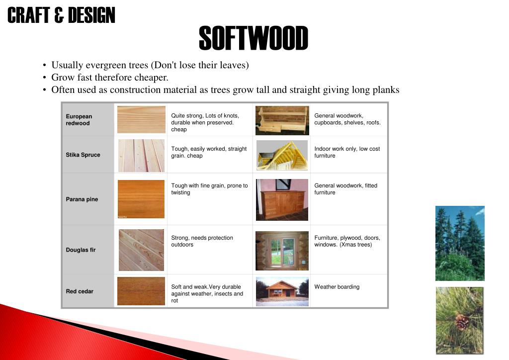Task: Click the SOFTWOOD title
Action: point(253,39)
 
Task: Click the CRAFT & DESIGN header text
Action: point(61,15)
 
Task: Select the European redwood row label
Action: point(79,120)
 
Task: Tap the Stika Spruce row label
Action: point(83,155)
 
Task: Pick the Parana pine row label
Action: point(82,199)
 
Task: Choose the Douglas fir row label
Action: point(81,250)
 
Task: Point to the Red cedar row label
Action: point(80,291)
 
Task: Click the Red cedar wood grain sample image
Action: point(141,291)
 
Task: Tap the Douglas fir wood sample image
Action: point(141,250)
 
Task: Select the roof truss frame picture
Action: point(282,155)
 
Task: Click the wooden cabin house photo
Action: point(282,291)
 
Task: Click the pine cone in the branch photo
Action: point(462,322)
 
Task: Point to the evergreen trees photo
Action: point(460,243)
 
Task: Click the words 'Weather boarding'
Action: point(337,287)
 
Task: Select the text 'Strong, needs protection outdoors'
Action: point(202,241)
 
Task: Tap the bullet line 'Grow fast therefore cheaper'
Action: point(110,78)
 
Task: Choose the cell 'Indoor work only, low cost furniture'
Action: point(346,152)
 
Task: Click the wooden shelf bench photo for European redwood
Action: point(282,120)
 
